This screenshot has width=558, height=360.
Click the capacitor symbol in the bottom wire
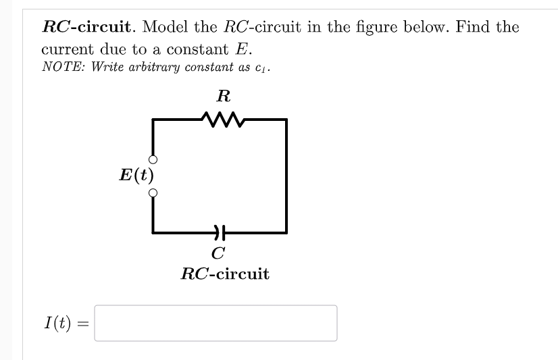[x=218, y=232]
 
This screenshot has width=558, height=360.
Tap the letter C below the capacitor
[x=218, y=254]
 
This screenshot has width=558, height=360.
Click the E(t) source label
[x=136, y=176]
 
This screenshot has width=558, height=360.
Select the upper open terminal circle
[x=153, y=160]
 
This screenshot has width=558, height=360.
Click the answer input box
[x=215, y=323]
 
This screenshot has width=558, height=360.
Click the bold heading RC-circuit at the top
[x=86, y=28]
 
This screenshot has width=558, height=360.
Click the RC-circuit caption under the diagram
[x=224, y=274]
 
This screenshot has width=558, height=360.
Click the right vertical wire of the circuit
[x=287, y=176]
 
